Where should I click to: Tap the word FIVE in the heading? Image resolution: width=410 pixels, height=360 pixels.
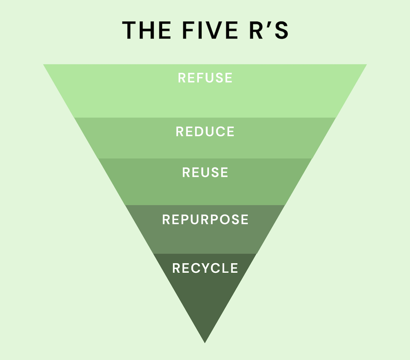(210, 30)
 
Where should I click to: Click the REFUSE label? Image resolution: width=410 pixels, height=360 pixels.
(205, 78)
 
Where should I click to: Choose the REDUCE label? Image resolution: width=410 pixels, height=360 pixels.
(205, 132)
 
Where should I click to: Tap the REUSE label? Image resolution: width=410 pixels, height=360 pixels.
(205, 172)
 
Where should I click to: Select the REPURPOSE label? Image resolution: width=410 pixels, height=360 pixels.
(205, 220)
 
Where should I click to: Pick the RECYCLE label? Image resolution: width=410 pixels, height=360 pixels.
(205, 268)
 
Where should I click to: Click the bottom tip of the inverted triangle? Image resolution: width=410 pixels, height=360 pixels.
(205, 342)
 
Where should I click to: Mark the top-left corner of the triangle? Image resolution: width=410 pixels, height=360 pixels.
(44, 65)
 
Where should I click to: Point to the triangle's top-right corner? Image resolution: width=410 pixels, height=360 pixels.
(366, 65)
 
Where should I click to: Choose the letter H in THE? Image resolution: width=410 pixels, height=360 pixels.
(147, 30)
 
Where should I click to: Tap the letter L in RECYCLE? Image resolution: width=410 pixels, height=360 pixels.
(225, 268)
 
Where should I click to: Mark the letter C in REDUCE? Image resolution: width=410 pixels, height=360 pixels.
(220, 132)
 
